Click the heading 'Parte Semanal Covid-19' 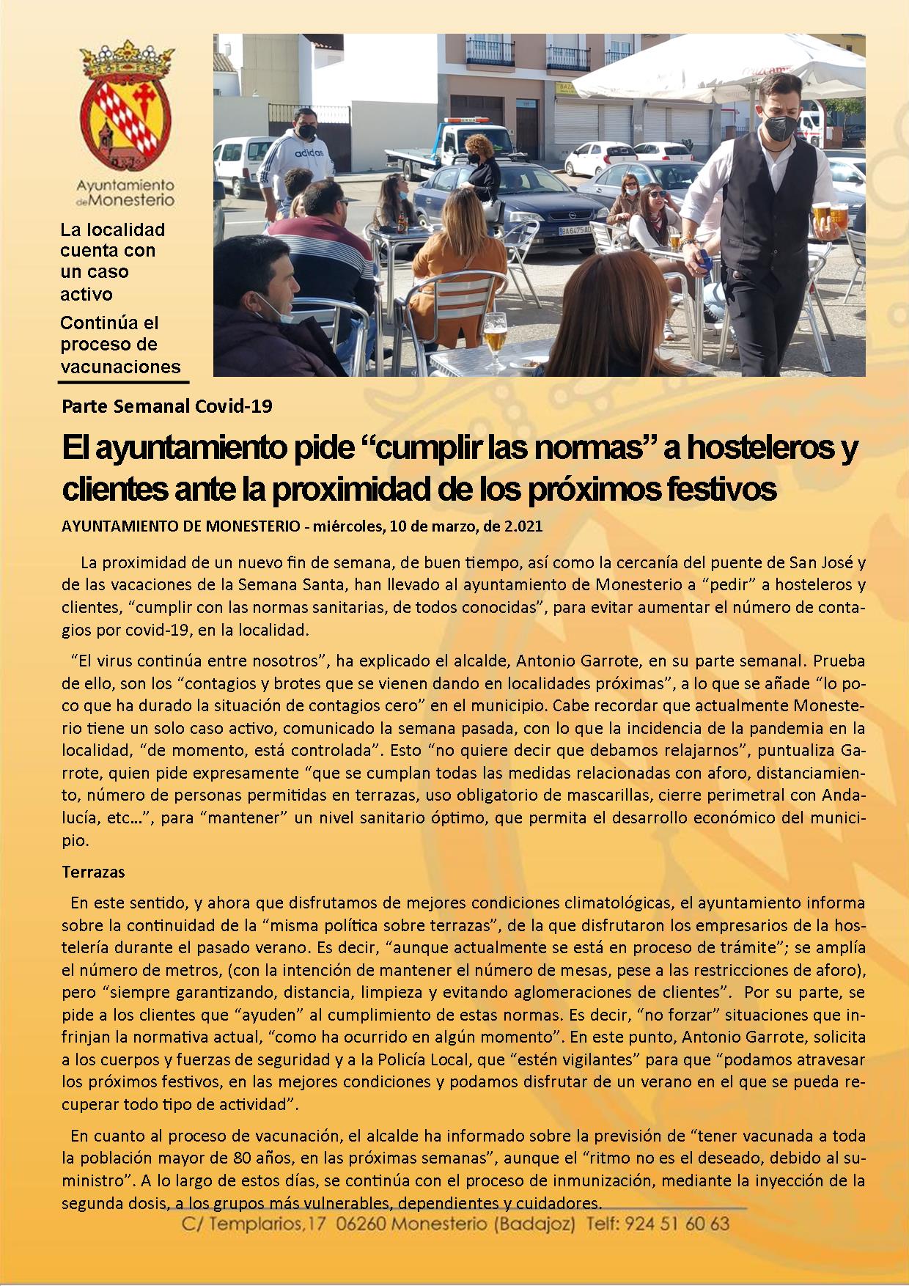coord(168,405)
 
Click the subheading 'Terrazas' coord(94,872)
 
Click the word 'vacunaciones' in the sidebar coord(120,367)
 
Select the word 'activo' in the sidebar coord(87,294)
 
